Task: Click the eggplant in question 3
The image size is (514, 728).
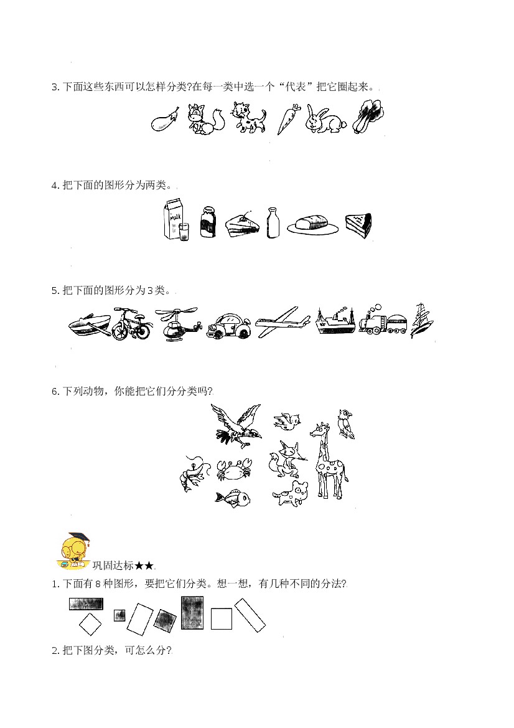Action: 165,120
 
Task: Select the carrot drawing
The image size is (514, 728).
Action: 287,120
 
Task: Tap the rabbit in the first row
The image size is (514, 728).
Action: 325,120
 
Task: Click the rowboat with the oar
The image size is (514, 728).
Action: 90,324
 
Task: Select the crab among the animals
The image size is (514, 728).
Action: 234,469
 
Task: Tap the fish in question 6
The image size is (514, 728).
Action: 232,498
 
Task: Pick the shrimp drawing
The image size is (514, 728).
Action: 191,473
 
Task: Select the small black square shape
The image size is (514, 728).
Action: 119,615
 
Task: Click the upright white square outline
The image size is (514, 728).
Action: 222,619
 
